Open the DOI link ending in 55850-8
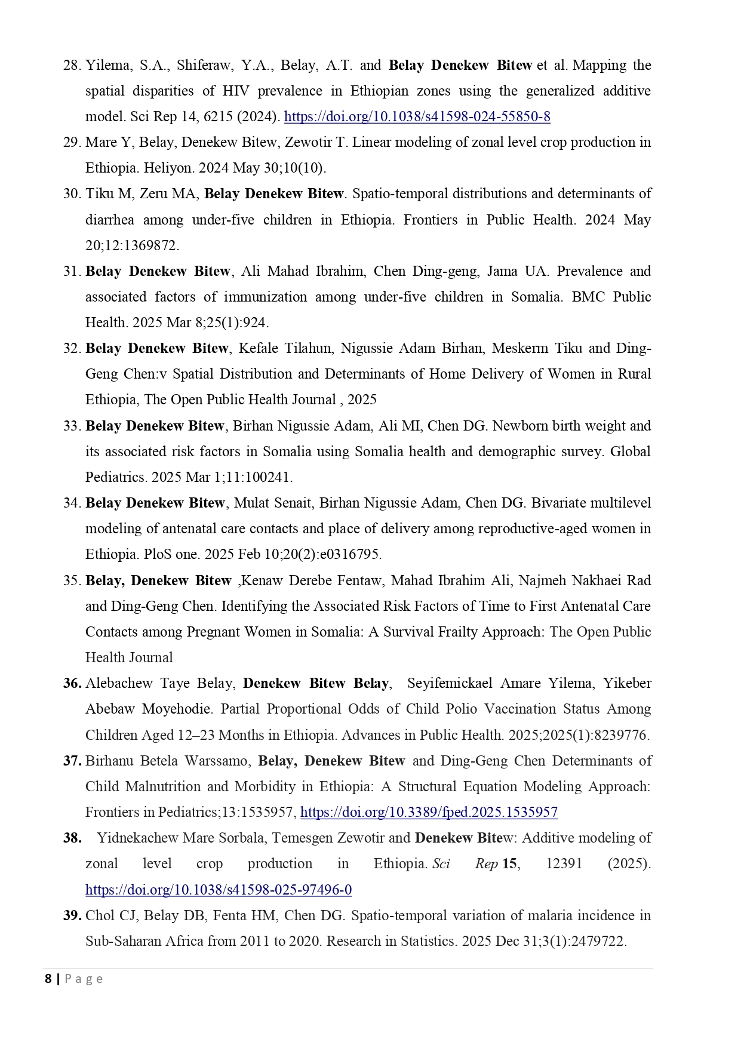(x=417, y=116)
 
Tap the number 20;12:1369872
(x=132, y=245)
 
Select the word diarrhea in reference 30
(x=109, y=220)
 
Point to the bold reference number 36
(x=72, y=683)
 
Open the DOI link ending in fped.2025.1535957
(x=429, y=812)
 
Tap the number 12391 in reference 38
(x=564, y=863)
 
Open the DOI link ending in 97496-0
(x=219, y=890)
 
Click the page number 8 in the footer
(x=48, y=979)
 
